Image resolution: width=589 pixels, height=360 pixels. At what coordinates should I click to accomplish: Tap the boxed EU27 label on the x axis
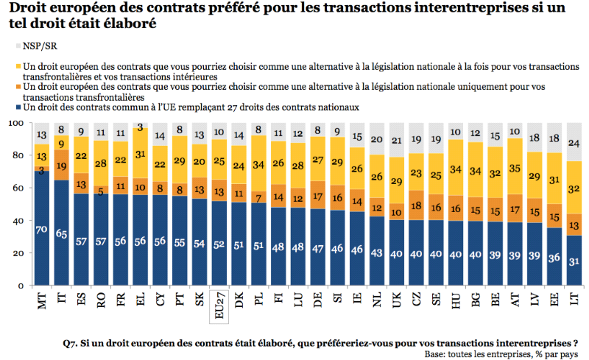pyautogui.click(x=220, y=305)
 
